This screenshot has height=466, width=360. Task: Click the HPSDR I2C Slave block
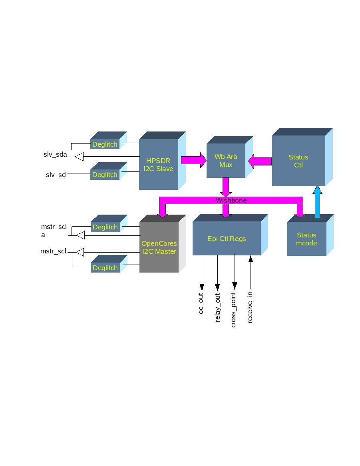pos(159,164)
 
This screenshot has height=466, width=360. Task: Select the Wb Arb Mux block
pos(226,161)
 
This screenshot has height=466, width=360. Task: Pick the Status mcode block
pos(306,239)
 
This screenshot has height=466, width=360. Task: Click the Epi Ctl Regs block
pos(227,239)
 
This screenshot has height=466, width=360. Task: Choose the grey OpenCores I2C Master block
pos(159,247)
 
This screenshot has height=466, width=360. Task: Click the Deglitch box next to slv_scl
pos(105,175)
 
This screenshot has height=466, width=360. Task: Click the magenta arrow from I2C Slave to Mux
pos(193,160)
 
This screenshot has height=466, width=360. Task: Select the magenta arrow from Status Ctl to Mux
pos(260,161)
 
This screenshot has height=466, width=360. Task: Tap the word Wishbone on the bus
pos(231,200)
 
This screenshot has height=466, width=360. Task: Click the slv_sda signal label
pos(55,155)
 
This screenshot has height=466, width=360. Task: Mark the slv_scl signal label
pos(56,175)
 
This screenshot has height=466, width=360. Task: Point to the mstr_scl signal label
pos(53,251)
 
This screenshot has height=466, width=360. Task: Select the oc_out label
pos(201,303)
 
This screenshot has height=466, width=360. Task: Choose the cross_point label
pos(234,310)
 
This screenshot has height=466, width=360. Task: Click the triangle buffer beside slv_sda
pos(79,156)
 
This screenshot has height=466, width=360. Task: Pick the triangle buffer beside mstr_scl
pos(80,252)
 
